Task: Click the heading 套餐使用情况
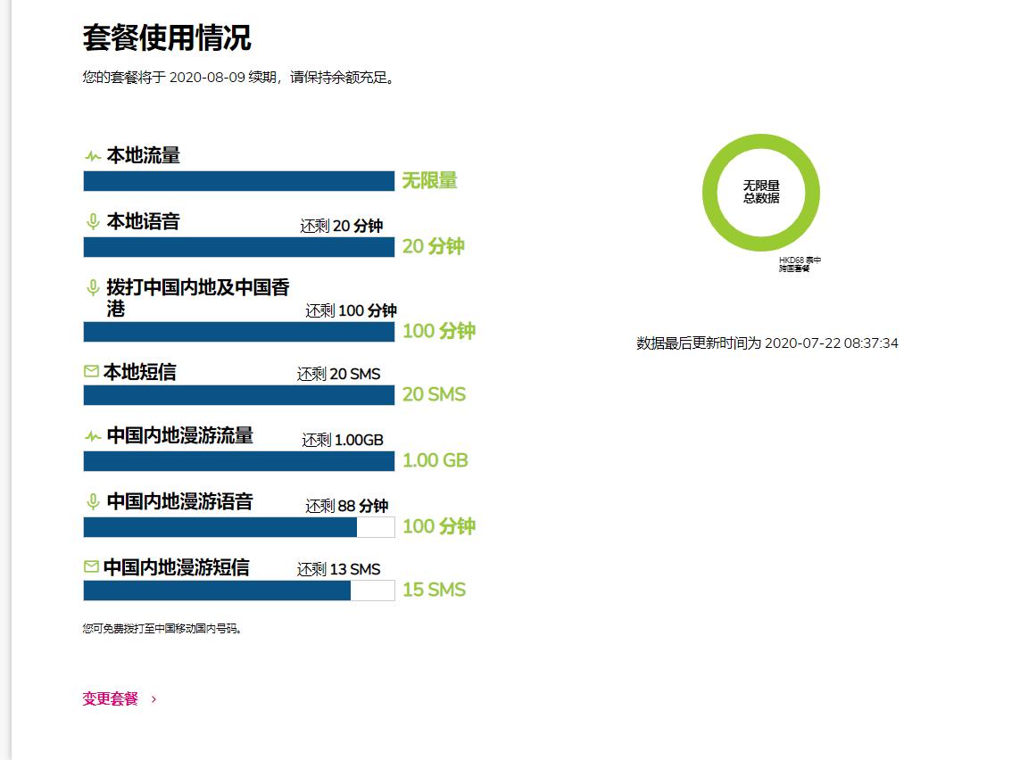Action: pos(167,38)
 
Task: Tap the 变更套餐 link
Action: pos(111,699)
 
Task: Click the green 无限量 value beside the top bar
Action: pos(429,181)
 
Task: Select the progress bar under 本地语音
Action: pos(238,247)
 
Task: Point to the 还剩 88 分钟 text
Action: pos(346,506)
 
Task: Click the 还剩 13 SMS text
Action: pos(338,569)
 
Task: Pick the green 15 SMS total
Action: pos(434,590)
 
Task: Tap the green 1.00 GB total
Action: pos(435,460)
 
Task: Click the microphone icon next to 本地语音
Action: pos(92,221)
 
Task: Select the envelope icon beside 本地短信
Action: pos(91,371)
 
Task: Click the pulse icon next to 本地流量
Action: pos(92,156)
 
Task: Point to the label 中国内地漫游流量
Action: pos(179,435)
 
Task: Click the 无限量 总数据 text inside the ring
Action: pos(761,192)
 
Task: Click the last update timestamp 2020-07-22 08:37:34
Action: pos(831,343)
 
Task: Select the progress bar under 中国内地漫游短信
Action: pos(238,591)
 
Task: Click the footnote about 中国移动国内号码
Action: pos(162,629)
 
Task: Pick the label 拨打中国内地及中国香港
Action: pos(197,298)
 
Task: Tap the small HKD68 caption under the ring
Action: pos(800,264)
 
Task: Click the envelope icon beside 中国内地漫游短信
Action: pos(91,566)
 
